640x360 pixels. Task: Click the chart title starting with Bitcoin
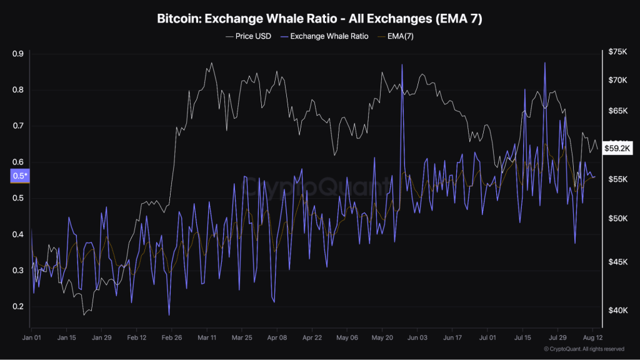pos(319,19)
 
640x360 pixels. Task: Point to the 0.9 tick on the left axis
pos(17,54)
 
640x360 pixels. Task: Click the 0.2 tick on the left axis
pos(17,307)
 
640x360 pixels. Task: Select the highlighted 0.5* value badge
pos(19,176)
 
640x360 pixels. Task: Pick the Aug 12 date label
pos(592,337)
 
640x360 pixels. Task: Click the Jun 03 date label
pos(416,337)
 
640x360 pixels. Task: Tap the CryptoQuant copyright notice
pos(584,349)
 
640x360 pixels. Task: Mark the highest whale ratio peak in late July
pos(545,62)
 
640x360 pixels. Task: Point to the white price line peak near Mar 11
pos(212,62)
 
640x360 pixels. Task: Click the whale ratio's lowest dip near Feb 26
pos(169,315)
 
